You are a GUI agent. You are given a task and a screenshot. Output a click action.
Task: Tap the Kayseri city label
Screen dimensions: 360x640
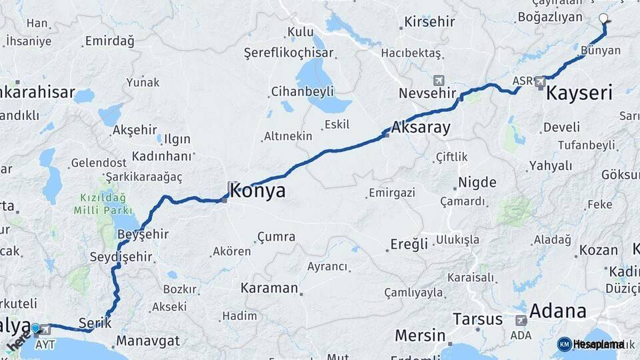tap(579, 93)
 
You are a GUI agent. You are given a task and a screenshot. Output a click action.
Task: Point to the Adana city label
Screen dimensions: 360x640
tap(557, 311)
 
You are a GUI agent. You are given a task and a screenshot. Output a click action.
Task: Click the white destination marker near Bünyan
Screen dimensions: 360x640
tap(603, 19)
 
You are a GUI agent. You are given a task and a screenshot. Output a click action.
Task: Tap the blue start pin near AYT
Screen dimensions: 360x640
tap(35, 328)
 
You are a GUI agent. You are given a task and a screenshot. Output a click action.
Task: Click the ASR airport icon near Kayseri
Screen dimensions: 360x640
tap(540, 82)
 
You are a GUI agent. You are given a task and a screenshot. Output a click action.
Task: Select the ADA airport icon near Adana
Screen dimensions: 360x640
tap(521, 321)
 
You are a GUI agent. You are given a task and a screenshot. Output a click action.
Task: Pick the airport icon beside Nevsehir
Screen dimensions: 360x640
tap(439, 80)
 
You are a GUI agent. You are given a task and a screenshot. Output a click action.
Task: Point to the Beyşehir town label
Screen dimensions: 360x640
tap(143, 235)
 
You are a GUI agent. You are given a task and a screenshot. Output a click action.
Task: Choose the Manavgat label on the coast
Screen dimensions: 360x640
tap(148, 341)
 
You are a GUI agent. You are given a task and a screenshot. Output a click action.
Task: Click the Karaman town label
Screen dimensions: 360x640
tap(269, 289)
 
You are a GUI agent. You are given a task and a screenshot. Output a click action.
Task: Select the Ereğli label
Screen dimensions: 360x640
tap(409, 245)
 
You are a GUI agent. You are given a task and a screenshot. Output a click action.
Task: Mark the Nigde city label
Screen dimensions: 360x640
tap(477, 183)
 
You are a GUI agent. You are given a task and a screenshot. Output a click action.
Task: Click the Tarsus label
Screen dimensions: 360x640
tap(477, 319)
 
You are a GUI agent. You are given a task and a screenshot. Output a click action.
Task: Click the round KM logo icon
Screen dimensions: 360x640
tap(564, 344)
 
